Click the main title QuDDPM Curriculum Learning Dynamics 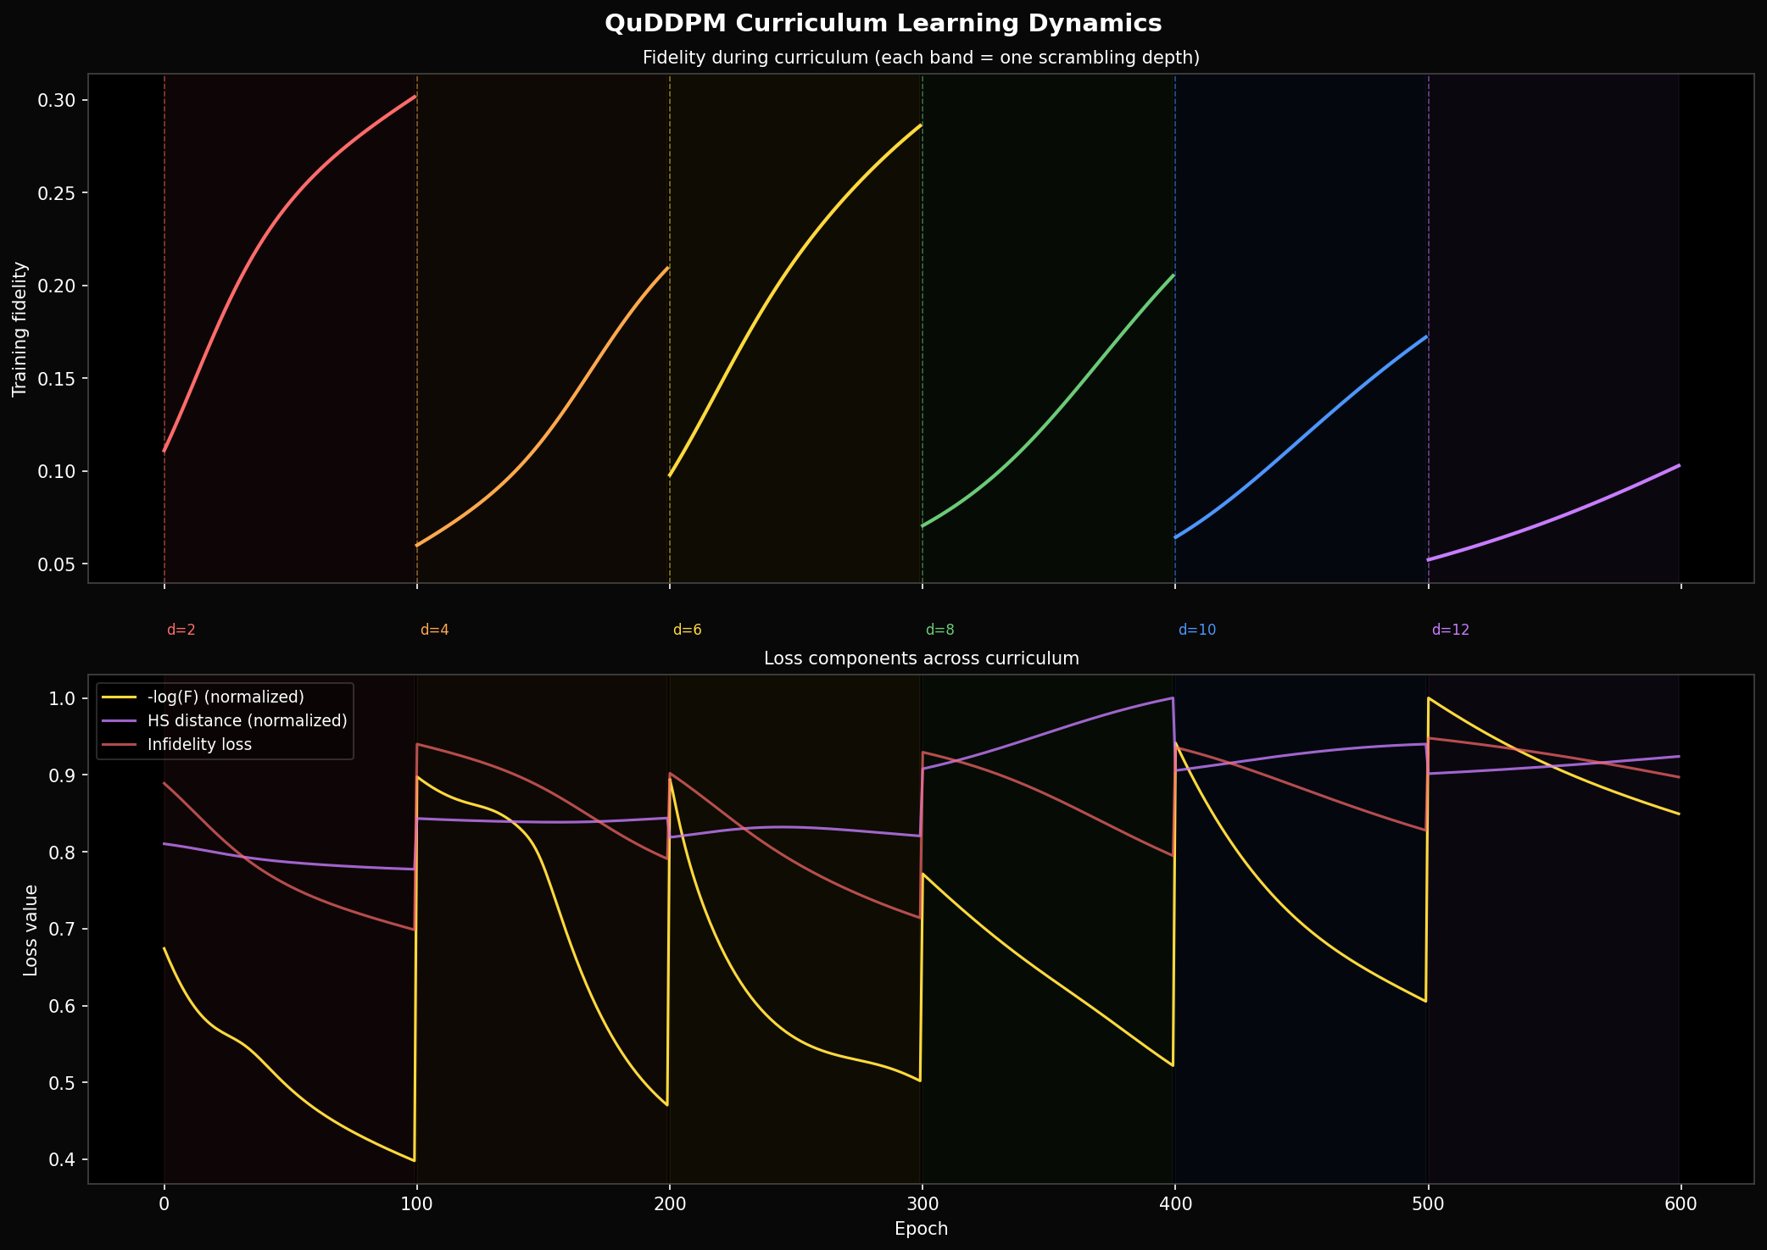pos(883,24)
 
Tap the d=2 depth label pos(181,630)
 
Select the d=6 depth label pos(687,630)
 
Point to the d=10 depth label pos(1196,630)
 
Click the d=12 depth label pos(1450,630)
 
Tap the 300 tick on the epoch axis pos(922,1203)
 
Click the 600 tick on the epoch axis pos(1681,1203)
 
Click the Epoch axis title pos(921,1229)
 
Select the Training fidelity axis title pos(20,329)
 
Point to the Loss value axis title pos(31,930)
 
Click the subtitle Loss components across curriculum pos(921,658)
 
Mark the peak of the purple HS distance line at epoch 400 pos(1172,697)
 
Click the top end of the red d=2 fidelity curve pos(415,97)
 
